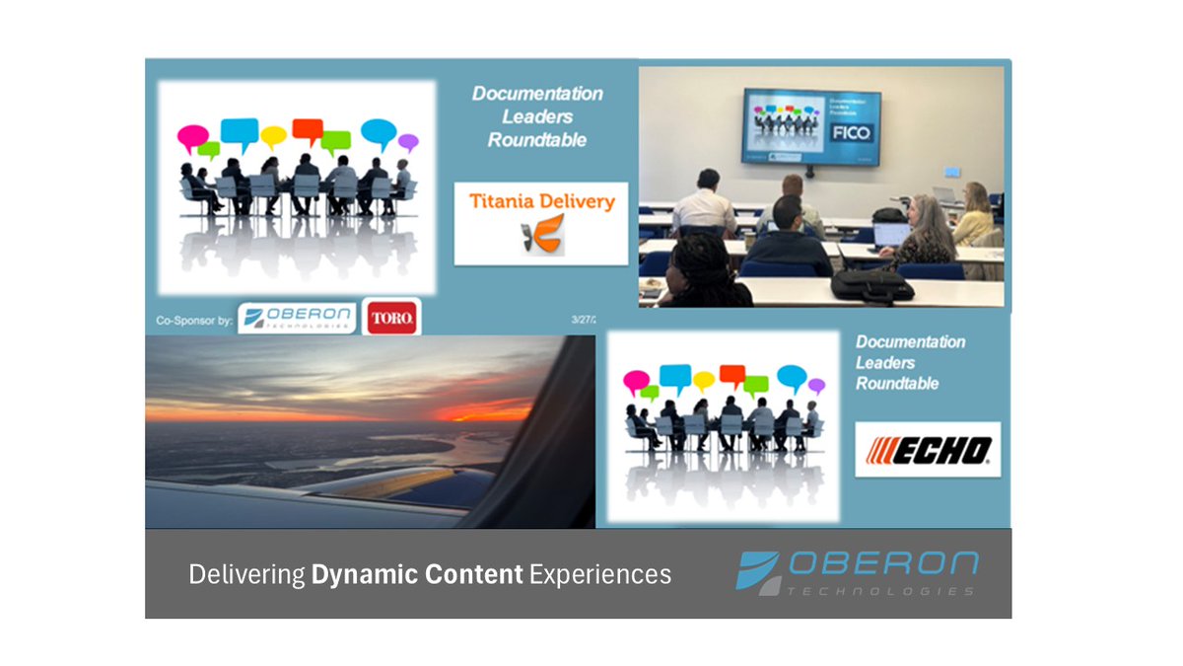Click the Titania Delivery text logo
[x=540, y=202]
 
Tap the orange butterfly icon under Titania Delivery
[x=541, y=238]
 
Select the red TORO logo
[x=391, y=318]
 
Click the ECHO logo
[x=928, y=450]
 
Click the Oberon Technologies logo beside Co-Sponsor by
[x=297, y=317]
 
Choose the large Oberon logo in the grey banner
[x=858, y=573]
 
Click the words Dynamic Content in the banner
[x=417, y=574]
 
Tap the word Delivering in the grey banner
[x=246, y=574]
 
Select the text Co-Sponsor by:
[x=194, y=321]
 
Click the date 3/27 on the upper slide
[x=584, y=320]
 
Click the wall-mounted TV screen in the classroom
[x=810, y=126]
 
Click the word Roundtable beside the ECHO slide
[x=896, y=384]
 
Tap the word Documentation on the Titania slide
[x=537, y=94]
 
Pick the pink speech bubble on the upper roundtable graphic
[x=192, y=137]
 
